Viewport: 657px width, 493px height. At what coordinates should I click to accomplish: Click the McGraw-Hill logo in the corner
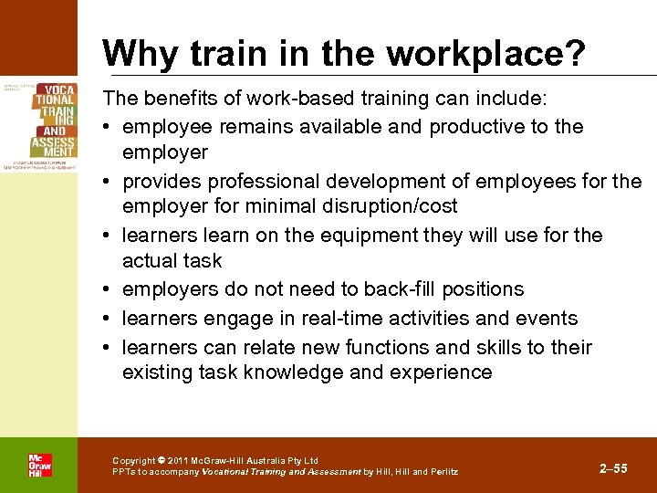(x=39, y=465)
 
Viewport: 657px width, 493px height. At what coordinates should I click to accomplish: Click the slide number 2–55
(x=613, y=468)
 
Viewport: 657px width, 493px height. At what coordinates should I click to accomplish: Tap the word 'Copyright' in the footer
(x=133, y=461)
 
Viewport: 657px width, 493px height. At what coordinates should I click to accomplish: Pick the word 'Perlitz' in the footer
(x=443, y=472)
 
